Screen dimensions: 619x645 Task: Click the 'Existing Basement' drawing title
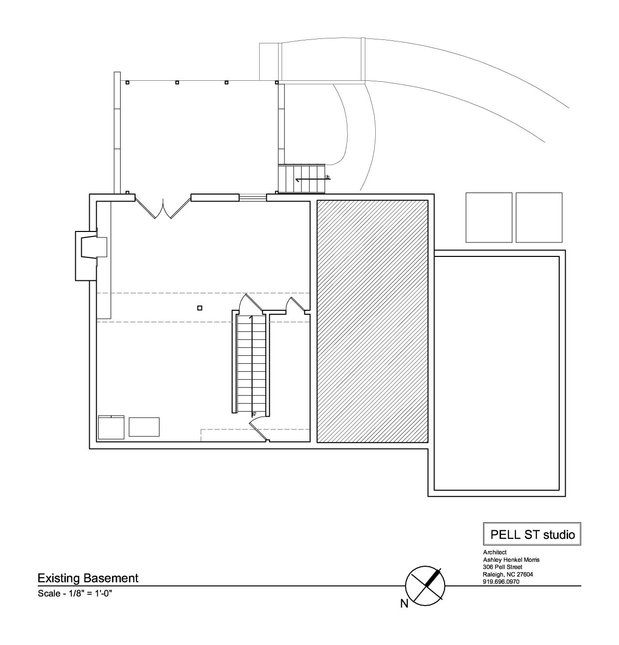pyautogui.click(x=88, y=578)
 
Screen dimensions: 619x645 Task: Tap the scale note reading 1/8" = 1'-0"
pyautogui.click(x=75, y=593)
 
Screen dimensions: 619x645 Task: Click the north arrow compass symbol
pyautogui.click(x=425, y=586)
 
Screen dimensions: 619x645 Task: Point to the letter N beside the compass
pyautogui.click(x=404, y=604)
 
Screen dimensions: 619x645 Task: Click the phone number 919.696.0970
pyautogui.click(x=501, y=582)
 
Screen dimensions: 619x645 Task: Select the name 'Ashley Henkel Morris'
pyautogui.click(x=511, y=560)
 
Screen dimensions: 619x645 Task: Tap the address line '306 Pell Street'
pyautogui.click(x=502, y=567)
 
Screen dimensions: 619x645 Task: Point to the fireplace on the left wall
pyautogui.click(x=91, y=256)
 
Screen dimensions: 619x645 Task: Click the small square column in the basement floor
pyautogui.click(x=200, y=308)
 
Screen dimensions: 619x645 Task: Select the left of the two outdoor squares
pyautogui.click(x=489, y=217)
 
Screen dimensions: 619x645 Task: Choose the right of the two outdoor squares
pyautogui.click(x=539, y=217)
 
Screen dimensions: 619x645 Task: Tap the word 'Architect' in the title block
pyautogui.click(x=495, y=552)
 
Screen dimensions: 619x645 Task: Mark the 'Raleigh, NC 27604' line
pyautogui.click(x=508, y=574)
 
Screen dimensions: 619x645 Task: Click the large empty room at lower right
pyautogui.click(x=497, y=373)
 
